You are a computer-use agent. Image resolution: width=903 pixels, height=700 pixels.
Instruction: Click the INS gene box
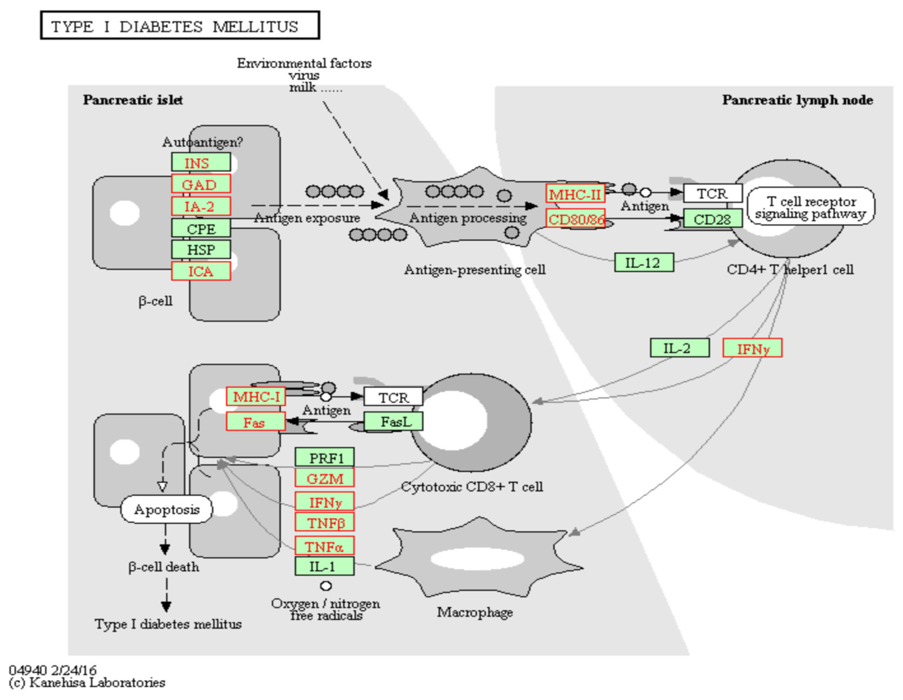201,162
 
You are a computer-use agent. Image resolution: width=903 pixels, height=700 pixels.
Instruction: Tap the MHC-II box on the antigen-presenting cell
575,194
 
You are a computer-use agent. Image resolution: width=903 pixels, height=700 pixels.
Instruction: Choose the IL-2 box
679,348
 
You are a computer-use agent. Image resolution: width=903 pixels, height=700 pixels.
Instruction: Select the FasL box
393,421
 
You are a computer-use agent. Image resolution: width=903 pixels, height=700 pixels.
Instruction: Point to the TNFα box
325,546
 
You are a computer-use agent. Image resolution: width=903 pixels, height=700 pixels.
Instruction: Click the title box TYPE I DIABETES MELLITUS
180,26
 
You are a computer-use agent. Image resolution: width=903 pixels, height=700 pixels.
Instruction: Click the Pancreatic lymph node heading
797,100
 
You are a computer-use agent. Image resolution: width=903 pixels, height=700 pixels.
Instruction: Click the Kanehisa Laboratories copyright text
87,682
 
